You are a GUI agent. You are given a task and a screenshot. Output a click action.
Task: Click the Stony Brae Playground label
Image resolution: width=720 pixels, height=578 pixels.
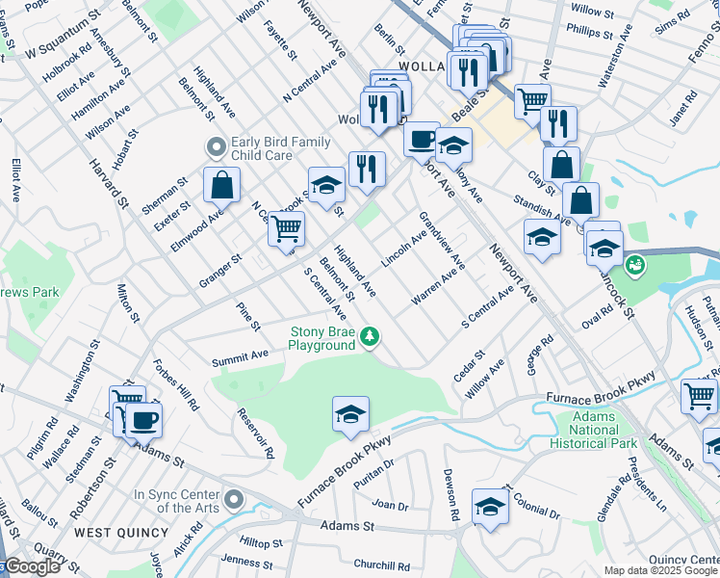[322, 338]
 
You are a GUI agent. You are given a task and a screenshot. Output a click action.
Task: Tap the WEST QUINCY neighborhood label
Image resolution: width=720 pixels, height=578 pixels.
[110, 532]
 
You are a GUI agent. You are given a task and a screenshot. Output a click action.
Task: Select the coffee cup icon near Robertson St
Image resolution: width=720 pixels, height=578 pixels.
[143, 420]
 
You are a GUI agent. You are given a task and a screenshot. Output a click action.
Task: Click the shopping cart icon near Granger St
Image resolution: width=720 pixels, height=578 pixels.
[286, 229]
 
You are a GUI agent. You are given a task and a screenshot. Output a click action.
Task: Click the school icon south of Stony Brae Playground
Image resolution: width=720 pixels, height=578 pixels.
[350, 414]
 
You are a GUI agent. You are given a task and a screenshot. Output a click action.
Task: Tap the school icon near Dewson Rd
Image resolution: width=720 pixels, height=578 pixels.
[490, 506]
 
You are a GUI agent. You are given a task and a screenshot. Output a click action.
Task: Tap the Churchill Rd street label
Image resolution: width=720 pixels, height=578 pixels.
[381, 565]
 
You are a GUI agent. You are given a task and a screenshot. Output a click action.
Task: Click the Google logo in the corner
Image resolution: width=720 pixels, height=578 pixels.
[31, 567]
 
